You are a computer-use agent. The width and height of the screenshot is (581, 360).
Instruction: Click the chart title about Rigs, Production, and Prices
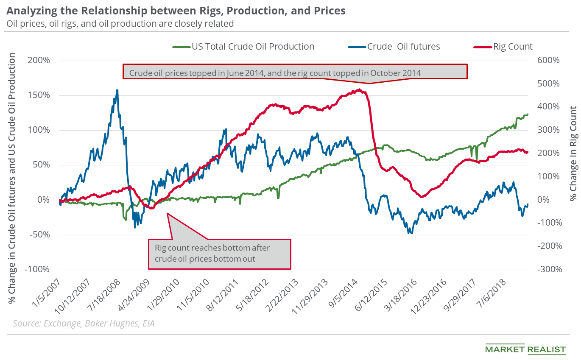click(x=176, y=11)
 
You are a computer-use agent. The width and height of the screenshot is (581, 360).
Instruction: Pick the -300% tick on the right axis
click(x=547, y=269)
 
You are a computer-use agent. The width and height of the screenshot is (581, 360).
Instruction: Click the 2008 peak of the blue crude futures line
click(x=117, y=90)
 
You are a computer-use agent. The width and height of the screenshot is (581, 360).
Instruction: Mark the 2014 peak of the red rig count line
click(x=359, y=89)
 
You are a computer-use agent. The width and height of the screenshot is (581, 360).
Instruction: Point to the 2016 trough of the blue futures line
click(x=410, y=233)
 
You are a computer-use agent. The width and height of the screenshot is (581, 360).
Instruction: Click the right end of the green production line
click(x=528, y=114)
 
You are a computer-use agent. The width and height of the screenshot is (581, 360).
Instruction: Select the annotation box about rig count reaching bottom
click(x=219, y=254)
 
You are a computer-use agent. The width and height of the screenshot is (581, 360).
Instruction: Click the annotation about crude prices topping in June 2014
click(x=295, y=72)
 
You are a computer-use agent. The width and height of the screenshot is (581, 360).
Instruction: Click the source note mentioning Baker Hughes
click(x=84, y=324)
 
